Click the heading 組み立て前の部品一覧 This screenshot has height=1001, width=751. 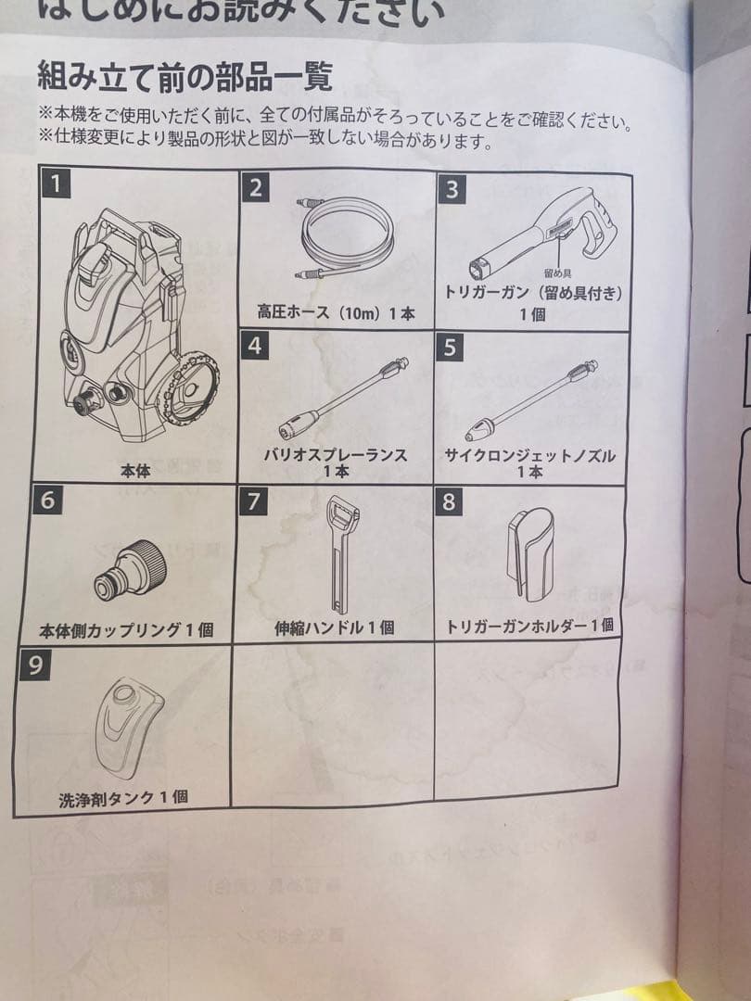click(184, 75)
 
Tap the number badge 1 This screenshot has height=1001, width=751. click(56, 184)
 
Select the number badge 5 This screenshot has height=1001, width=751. click(451, 348)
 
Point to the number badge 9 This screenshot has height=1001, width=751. click(34, 665)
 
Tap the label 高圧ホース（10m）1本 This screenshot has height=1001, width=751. click(336, 313)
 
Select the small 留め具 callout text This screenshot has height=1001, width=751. click(556, 272)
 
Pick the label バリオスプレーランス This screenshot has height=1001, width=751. click(336, 455)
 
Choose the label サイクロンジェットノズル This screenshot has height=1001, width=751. click(529, 456)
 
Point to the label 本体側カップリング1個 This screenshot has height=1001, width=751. click(126, 630)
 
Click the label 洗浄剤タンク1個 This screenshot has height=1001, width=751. click(122, 796)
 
